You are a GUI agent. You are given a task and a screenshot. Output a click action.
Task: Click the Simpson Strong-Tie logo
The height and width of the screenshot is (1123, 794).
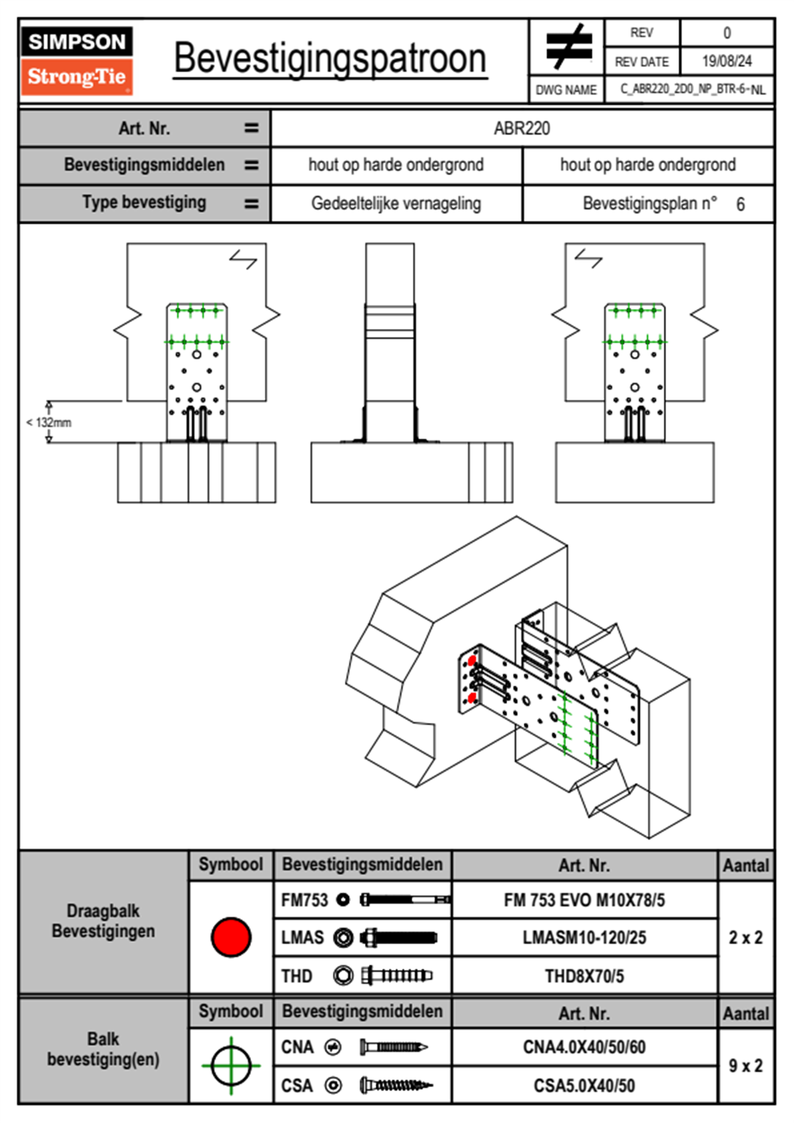(76, 60)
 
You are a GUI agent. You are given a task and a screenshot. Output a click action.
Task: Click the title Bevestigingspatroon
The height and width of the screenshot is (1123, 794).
(330, 59)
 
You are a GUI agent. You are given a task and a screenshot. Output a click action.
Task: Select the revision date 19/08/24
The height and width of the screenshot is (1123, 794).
(727, 61)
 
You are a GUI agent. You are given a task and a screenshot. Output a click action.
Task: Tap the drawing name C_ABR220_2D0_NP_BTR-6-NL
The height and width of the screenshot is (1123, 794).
(692, 89)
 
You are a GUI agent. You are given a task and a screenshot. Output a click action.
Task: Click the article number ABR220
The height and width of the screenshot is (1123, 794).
(522, 129)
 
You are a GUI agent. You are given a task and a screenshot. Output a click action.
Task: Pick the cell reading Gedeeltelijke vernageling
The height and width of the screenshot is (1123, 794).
(396, 204)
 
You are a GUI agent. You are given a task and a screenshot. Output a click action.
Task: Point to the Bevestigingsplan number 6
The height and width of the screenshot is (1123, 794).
(740, 204)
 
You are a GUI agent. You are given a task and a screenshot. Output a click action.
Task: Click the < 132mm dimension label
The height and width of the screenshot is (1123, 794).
(49, 423)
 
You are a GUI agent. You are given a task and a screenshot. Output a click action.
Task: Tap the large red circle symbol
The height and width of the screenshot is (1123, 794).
(231, 937)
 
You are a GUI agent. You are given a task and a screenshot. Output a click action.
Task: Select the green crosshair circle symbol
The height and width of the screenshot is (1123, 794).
(231, 1066)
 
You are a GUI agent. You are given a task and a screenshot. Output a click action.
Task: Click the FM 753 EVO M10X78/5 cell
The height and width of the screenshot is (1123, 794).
(584, 901)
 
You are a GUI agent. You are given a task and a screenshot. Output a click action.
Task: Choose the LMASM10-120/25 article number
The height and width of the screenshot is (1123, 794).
(584, 938)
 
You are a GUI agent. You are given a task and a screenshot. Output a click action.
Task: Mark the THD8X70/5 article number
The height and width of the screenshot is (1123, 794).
(584, 976)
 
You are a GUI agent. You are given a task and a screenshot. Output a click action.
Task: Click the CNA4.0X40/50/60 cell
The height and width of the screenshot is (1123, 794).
(584, 1047)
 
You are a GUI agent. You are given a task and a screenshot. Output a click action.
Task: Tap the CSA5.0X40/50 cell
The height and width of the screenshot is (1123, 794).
(584, 1086)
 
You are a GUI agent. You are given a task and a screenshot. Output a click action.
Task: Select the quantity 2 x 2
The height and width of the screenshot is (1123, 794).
(745, 938)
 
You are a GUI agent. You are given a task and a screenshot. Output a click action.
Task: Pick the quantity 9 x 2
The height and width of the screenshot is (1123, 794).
(745, 1066)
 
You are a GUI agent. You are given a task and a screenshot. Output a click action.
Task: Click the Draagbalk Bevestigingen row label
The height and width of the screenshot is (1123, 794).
(103, 921)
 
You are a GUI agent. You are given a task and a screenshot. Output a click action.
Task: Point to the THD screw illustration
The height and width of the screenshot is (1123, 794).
(396, 975)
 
